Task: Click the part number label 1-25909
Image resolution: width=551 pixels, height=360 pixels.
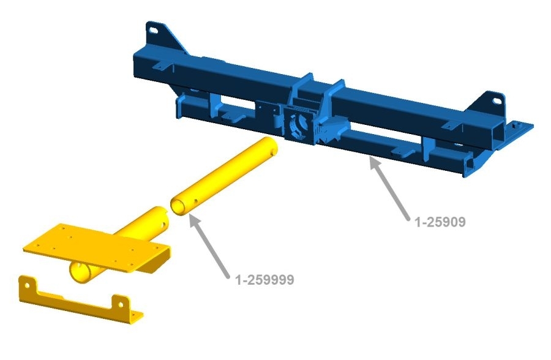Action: click(440, 222)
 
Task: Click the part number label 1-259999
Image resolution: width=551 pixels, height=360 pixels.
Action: click(264, 280)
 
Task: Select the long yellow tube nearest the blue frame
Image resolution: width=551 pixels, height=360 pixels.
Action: click(224, 176)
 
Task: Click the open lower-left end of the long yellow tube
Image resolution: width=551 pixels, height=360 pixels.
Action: click(179, 208)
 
